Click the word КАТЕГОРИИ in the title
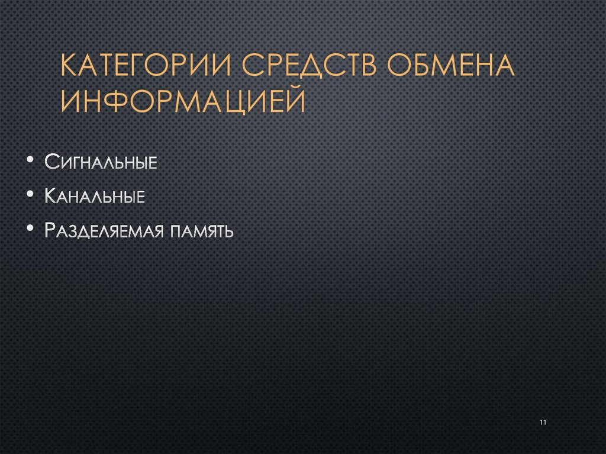pyautogui.click(x=147, y=67)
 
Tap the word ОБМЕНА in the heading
pyautogui.click(x=453, y=67)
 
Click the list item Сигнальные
pyautogui.click(x=101, y=162)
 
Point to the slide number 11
pyautogui.click(x=543, y=422)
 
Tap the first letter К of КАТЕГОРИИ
pyautogui.click(x=70, y=67)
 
